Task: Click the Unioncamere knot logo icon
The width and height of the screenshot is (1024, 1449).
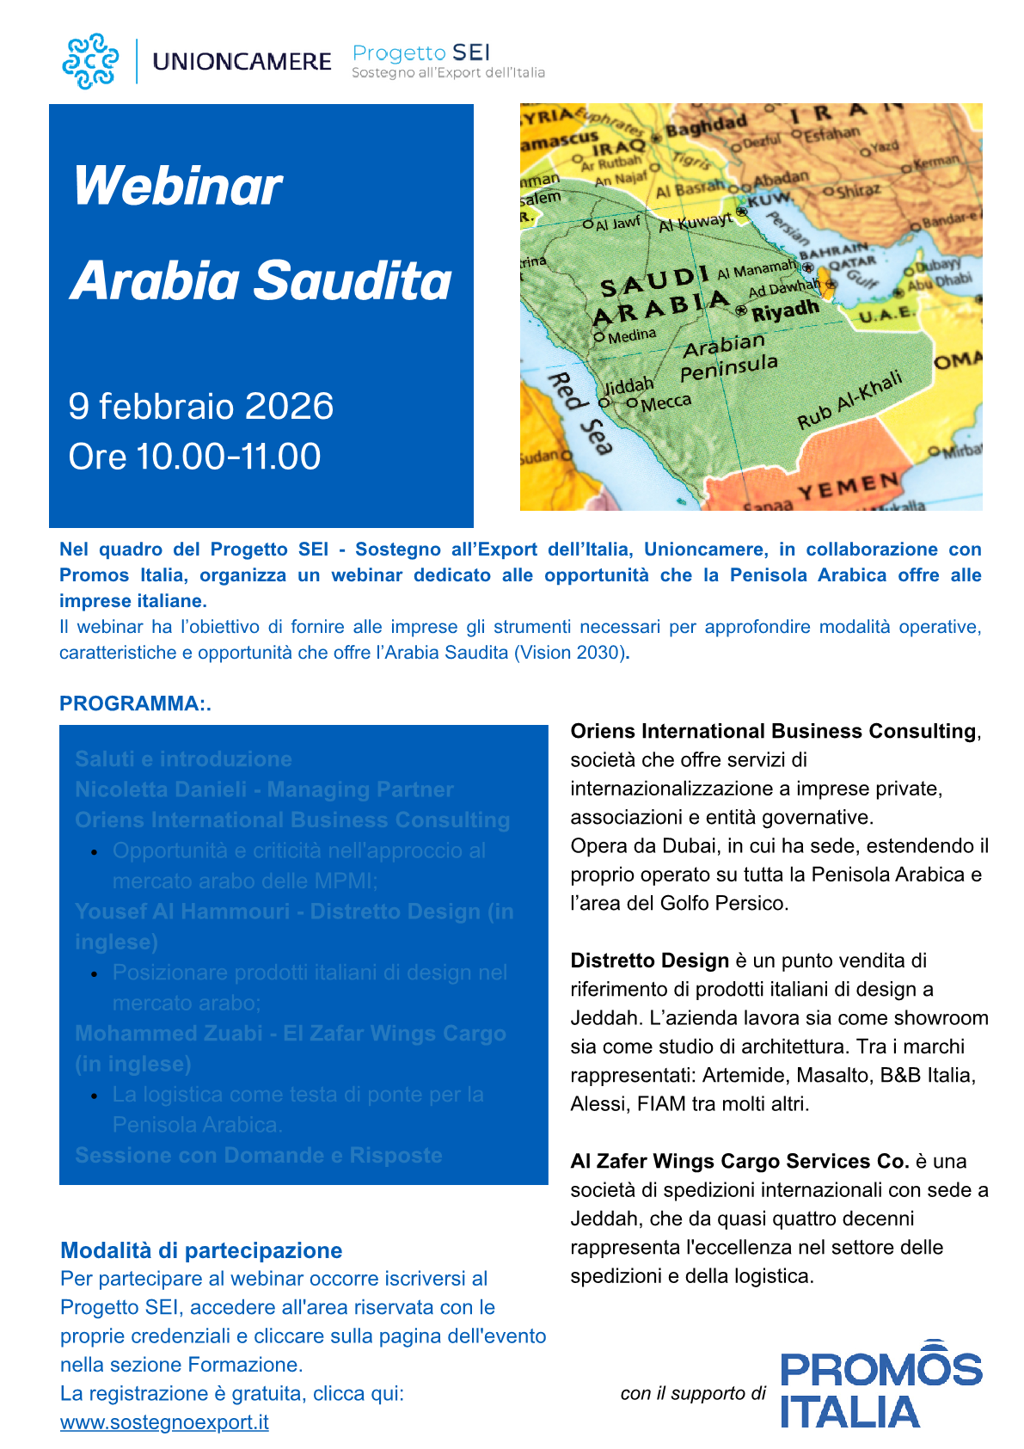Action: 90,61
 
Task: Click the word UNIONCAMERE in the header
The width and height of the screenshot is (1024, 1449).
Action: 242,62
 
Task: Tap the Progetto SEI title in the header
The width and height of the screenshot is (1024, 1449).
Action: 421,53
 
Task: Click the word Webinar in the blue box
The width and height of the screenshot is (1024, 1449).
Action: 178,187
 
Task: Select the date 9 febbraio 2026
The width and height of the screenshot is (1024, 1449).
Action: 201,406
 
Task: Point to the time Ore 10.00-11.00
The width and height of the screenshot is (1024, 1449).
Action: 195,457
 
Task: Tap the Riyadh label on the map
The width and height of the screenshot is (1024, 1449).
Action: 785,310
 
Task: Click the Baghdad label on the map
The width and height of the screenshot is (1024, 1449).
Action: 706,126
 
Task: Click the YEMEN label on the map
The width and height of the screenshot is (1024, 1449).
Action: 849,486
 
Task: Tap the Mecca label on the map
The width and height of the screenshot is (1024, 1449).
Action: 665,402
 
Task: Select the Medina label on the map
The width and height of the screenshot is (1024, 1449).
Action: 631,335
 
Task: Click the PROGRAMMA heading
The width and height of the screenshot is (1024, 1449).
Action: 134,703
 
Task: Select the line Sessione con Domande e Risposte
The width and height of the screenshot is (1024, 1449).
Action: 259,1155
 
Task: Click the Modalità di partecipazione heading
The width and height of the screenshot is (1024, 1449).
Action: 201,1250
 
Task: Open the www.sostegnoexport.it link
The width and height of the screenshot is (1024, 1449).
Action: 164,1422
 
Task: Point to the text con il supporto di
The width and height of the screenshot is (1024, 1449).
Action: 692,1393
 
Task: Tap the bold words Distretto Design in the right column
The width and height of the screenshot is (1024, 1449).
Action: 649,961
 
